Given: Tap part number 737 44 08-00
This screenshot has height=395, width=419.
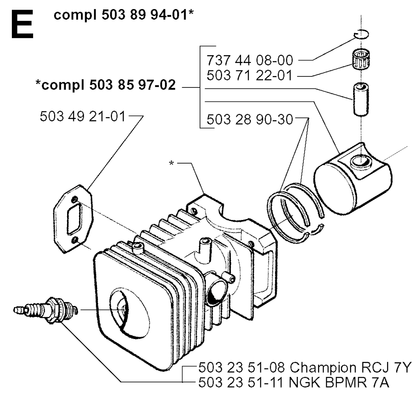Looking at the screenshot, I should pos(250,61).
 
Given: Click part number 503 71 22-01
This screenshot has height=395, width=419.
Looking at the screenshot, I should pos(250,75).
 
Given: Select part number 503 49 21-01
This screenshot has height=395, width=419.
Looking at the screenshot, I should pos(83,117).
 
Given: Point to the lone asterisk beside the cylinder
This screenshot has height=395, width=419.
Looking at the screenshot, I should pos(172,163).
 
